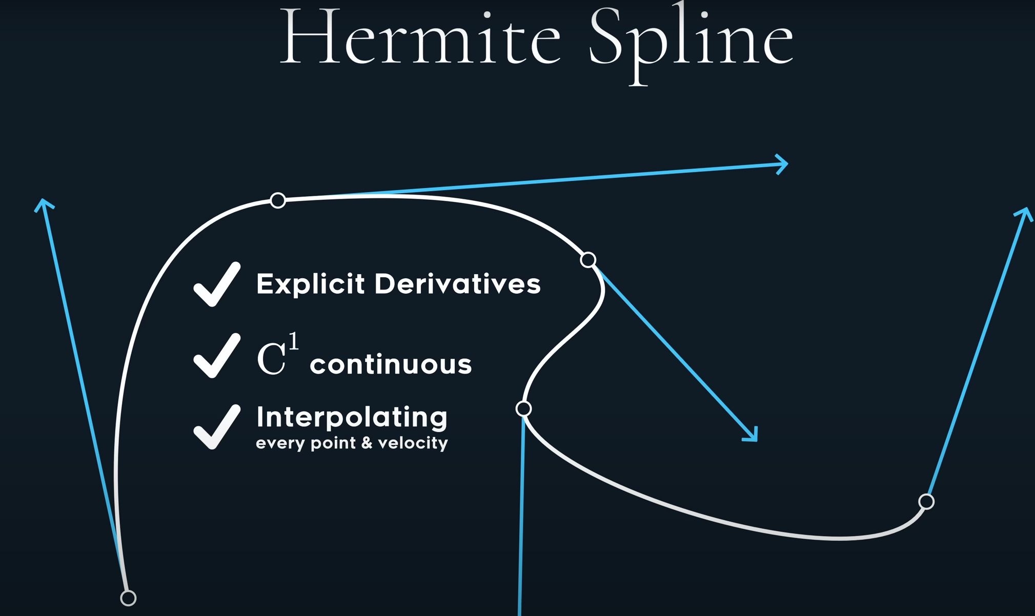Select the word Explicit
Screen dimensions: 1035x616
pyautogui.click(x=310, y=284)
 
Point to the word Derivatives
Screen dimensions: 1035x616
pyautogui.click(x=457, y=284)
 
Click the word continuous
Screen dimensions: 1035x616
pyautogui.click(x=391, y=364)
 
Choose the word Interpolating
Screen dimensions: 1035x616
pyautogui.click(x=352, y=417)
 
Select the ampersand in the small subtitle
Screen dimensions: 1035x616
pyautogui.click(x=367, y=443)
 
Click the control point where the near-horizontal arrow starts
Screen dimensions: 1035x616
pyautogui.click(x=278, y=200)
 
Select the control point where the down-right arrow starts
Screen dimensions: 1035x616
pyautogui.click(x=588, y=260)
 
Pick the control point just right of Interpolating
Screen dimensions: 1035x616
pyautogui.click(x=523, y=408)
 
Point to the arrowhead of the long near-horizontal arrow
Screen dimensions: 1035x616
pyautogui.click(x=782, y=165)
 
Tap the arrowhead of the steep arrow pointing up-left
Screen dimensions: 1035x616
pyautogui.click(x=44, y=204)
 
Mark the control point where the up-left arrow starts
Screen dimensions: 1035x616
pyautogui.click(x=128, y=598)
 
